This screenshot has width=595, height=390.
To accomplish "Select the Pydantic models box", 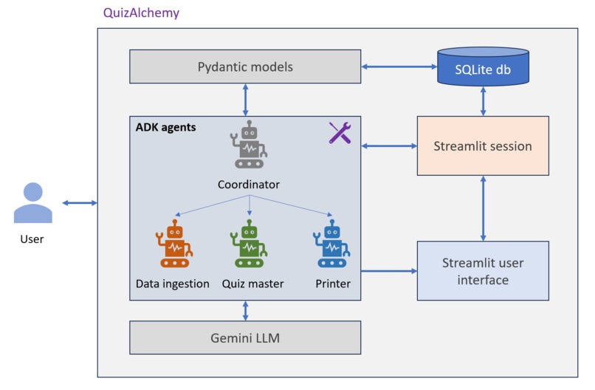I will (245, 66).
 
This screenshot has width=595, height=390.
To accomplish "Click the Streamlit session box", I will (483, 146).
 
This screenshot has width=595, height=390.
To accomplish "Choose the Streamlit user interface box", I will (483, 270).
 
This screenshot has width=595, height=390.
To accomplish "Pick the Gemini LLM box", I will (245, 338).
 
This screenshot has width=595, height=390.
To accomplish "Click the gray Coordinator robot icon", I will (250, 144).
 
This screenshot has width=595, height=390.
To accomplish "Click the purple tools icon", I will (340, 132).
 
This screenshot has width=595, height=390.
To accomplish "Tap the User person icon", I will (33, 203).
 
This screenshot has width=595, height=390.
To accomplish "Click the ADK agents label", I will (166, 127).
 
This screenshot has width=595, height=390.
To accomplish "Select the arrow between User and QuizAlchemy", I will (80, 202).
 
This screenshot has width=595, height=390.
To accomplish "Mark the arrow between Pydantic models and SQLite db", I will (399, 67).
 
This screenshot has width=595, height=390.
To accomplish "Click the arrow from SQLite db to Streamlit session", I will (483, 100).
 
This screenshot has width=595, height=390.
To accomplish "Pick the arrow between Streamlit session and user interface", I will (483, 208).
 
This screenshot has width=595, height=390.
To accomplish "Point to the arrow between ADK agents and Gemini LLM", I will (245, 310).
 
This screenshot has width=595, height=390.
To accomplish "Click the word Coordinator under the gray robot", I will (249, 184).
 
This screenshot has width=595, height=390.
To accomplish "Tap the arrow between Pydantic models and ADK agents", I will (245, 99).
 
